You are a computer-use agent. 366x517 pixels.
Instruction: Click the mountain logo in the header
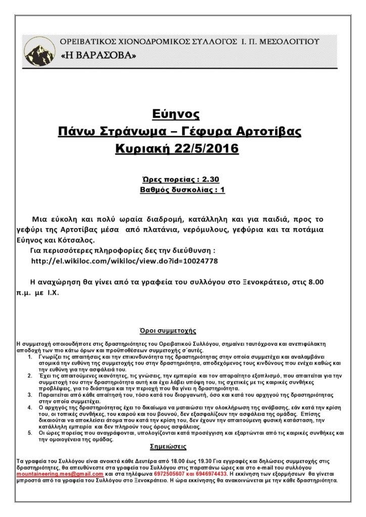pyautogui.click(x=40, y=51)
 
